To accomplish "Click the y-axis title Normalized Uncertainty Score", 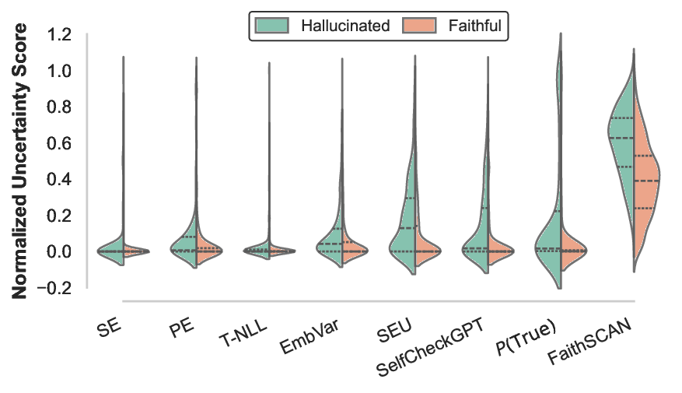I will (x=21, y=161).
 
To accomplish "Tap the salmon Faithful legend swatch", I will (x=419, y=26).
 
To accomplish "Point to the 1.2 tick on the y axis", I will (x=60, y=35).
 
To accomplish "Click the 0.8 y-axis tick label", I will (x=60, y=107).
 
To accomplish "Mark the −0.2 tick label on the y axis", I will (x=56, y=288).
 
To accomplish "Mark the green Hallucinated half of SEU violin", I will (x=404, y=233).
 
